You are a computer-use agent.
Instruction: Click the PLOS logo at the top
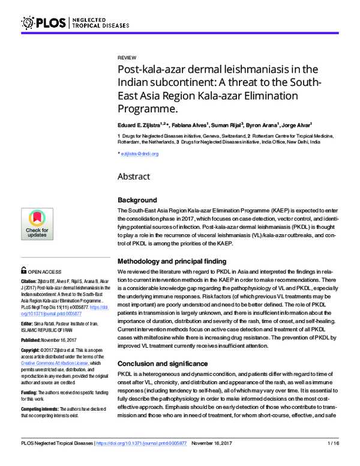tap(45, 23)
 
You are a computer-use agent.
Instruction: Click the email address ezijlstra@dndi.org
tap(139, 154)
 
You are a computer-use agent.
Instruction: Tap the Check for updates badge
tap(37, 224)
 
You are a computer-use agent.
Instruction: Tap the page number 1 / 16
tap(333, 460)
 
